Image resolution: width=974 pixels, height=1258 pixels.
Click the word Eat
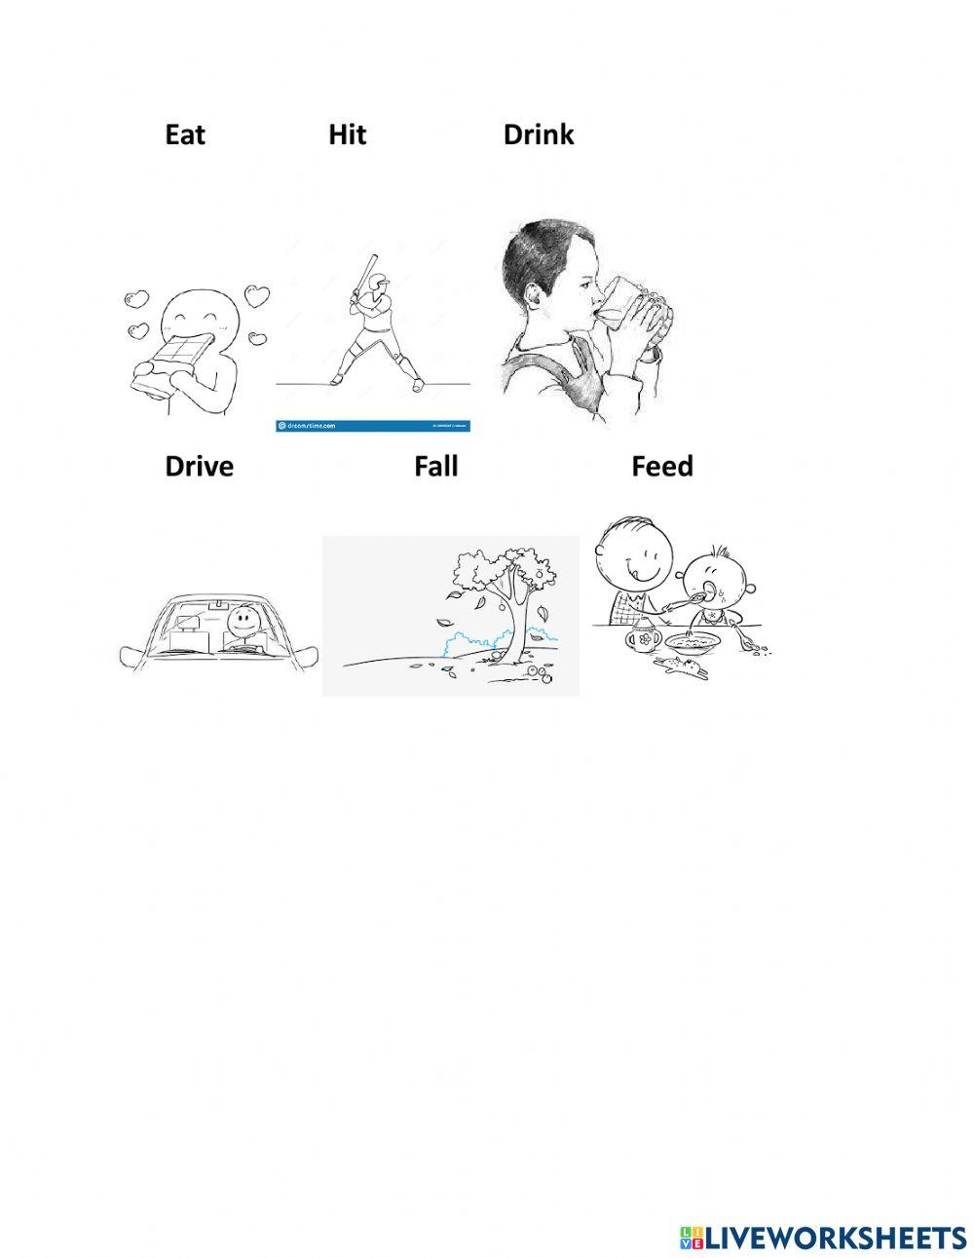(x=185, y=134)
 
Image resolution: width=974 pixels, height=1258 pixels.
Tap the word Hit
(x=347, y=134)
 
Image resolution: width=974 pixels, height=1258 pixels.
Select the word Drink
(x=539, y=134)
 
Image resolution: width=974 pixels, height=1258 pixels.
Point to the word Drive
(x=200, y=467)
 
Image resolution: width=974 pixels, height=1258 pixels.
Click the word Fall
(x=435, y=467)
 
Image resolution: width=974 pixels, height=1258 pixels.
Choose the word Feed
(x=662, y=467)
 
